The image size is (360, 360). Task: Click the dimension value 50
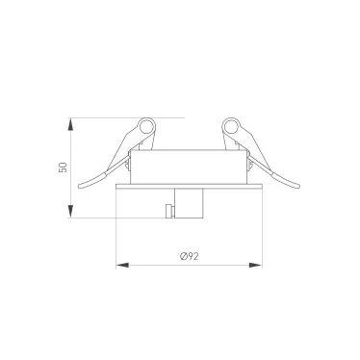pos(64,167)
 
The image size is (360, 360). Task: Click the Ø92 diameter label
pos(190,256)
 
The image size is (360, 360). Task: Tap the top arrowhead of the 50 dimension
pos(70,124)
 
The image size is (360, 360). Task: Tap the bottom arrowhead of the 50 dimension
pos(70,212)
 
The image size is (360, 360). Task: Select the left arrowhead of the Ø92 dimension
pos(122,265)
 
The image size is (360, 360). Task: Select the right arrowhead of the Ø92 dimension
pos(256,265)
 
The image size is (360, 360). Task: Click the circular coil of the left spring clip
pos(146,126)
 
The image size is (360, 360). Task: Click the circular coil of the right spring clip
pos(231,126)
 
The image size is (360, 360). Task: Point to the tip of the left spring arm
pos(80,186)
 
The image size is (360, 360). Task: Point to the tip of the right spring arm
pos(298,186)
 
